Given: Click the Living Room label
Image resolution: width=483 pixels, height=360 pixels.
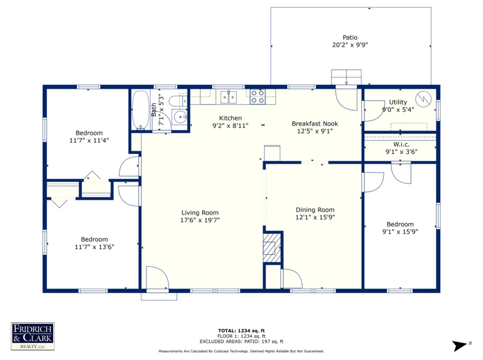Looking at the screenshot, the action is coord(200,213).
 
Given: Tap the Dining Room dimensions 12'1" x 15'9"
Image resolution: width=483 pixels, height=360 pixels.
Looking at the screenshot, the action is coord(315,217).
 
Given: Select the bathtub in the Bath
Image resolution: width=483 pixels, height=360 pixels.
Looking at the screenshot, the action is coord(141,110).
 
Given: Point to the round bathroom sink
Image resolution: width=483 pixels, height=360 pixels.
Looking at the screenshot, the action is coord(180,117).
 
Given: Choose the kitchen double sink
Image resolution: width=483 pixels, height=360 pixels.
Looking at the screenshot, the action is coord(229,97).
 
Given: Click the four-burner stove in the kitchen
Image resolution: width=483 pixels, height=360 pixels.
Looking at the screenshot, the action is coord(258,96).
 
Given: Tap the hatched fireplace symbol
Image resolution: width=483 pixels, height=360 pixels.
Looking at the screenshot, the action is coord(272,248).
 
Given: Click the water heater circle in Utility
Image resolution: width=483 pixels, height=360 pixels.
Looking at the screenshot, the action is coord(423,99).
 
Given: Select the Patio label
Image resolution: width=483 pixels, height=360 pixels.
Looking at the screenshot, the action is coord(350,37).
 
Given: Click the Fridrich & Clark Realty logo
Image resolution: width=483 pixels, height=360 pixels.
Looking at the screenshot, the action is coord(33,336).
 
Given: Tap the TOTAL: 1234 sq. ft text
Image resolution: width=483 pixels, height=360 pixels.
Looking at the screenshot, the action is coord(242,331).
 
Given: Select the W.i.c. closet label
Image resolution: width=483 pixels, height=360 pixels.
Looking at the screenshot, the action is coord(401,144).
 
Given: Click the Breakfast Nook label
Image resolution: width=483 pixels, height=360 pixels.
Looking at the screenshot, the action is coord(315,123).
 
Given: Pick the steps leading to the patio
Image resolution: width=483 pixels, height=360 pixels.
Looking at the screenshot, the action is coord(346,77).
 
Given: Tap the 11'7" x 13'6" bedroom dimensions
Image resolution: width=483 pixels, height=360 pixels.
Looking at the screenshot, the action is coord(95,247).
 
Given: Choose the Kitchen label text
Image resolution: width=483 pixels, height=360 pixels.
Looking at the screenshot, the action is coord(230,118).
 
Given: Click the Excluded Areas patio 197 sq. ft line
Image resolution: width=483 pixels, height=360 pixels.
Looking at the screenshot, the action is coord(242,342).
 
